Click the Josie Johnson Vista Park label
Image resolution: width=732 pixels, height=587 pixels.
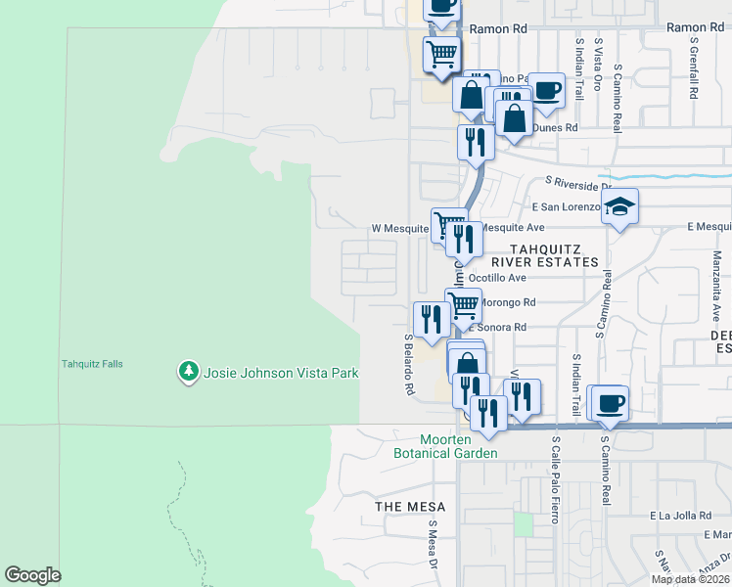click(281, 373)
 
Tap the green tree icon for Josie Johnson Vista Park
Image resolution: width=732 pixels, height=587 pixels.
click(188, 372)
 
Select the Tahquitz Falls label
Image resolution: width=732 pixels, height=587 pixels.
click(92, 364)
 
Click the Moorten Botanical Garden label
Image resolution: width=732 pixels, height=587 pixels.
click(445, 445)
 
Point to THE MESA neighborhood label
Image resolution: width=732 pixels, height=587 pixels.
click(410, 507)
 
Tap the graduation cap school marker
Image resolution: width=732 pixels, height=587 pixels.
click(618, 207)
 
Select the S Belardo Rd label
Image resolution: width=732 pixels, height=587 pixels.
click(409, 363)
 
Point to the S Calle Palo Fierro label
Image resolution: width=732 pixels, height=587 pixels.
click(555, 478)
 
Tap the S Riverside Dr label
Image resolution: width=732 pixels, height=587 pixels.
click(577, 183)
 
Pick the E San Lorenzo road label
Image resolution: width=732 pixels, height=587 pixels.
click(566, 206)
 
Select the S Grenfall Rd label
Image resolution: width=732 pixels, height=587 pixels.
click(692, 69)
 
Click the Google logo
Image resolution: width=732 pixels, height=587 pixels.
click(32, 575)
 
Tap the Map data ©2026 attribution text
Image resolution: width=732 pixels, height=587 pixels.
click(691, 579)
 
